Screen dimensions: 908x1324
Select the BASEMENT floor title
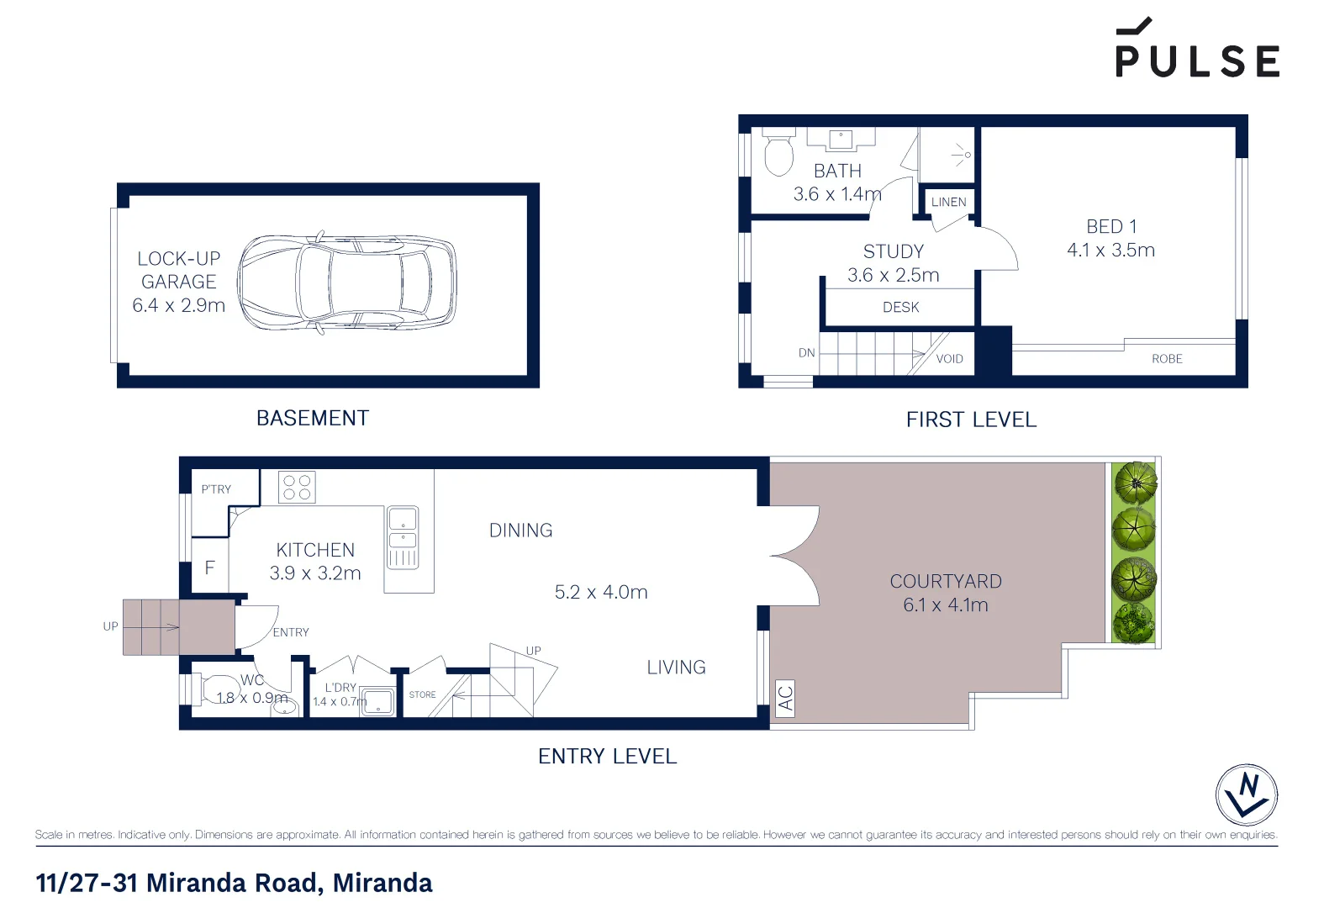(312, 418)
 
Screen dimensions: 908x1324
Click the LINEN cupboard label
(948, 202)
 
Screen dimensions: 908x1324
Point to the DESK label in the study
(900, 308)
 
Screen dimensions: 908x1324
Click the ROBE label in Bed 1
(1166, 359)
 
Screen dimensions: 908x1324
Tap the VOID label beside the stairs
(949, 359)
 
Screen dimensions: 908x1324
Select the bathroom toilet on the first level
(778, 153)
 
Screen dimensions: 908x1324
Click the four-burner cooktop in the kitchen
(297, 488)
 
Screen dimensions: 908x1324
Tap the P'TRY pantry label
(216, 489)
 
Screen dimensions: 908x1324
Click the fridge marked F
(209, 568)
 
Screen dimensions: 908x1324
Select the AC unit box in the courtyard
(784, 699)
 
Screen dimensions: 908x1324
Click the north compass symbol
(1246, 794)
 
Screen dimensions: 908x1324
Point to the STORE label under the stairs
(422, 695)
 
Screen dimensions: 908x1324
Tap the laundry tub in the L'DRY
(378, 702)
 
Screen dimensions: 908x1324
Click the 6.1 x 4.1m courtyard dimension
(945, 605)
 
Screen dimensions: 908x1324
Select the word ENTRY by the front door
(291, 632)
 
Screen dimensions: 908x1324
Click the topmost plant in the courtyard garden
(1135, 483)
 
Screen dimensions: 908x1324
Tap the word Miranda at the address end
(382, 883)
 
